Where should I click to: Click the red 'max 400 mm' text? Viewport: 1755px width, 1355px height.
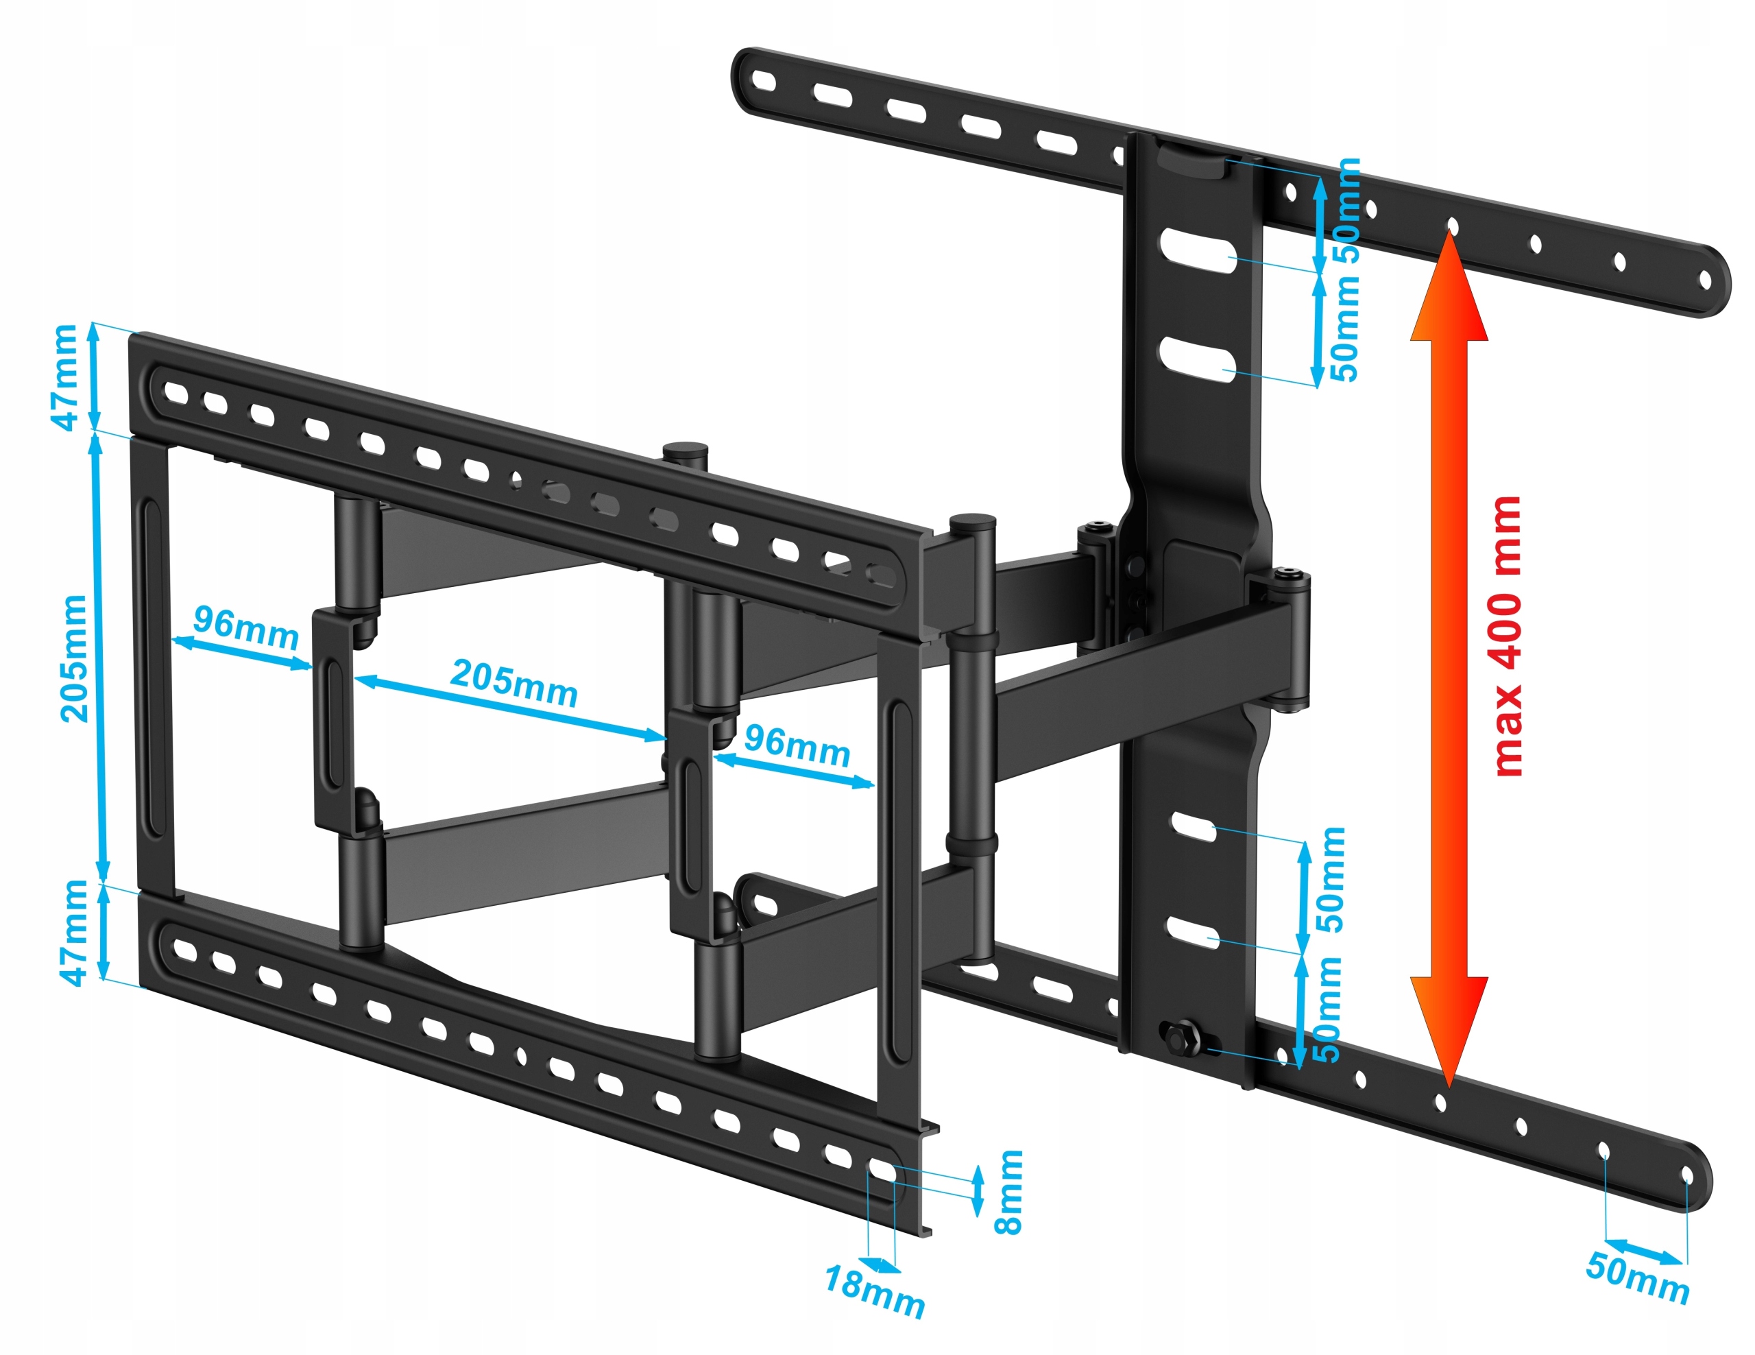(x=1508, y=636)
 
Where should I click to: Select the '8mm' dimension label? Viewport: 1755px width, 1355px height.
(x=1008, y=1192)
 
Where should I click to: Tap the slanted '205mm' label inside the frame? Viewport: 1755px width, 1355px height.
(x=514, y=683)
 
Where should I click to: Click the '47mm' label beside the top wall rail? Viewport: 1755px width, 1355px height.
(x=66, y=377)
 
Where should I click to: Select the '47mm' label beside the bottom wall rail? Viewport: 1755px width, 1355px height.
(x=74, y=933)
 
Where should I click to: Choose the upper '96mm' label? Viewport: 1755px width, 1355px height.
(x=246, y=627)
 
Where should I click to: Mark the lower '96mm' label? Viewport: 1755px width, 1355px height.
(x=797, y=747)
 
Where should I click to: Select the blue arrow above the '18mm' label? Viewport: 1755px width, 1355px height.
(x=880, y=1267)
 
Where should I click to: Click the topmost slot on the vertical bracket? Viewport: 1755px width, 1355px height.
(x=1196, y=251)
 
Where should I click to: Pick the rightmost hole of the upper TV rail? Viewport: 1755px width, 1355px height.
(x=1704, y=280)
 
